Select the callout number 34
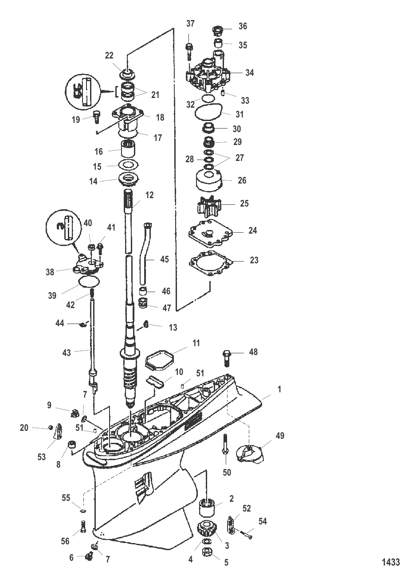click(249, 72)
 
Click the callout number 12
click(149, 195)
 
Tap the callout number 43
click(67, 353)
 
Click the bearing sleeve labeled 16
click(128, 148)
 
